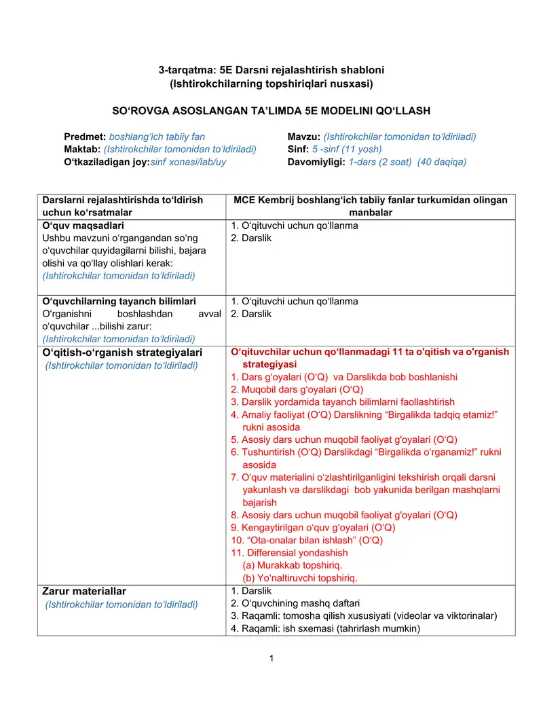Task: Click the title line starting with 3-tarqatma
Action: click(x=271, y=70)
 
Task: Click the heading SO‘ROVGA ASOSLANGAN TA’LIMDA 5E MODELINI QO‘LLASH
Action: click(x=271, y=110)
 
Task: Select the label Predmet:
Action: click(x=85, y=137)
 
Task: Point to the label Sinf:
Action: click(x=298, y=149)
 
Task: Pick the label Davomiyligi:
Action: click(x=316, y=162)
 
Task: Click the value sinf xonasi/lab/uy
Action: click(x=188, y=162)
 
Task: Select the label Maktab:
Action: click(x=82, y=149)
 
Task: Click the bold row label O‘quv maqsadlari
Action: click(x=83, y=226)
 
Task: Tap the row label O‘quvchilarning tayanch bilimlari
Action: click(x=119, y=301)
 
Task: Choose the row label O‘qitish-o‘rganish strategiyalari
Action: click(x=122, y=353)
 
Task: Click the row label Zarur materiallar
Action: click(x=84, y=591)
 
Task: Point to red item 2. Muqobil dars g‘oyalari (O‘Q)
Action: click(x=297, y=389)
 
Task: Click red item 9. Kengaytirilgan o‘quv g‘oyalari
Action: click(x=313, y=527)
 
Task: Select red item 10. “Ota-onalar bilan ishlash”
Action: click(x=307, y=540)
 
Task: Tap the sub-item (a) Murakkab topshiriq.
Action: click(x=293, y=565)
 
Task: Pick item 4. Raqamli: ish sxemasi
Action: click(x=326, y=628)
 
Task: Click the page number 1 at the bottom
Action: click(x=271, y=658)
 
